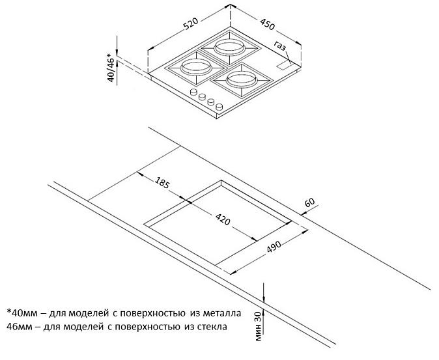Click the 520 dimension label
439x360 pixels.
[191, 23]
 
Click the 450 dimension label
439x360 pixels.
[268, 24]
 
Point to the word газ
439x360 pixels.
[280, 46]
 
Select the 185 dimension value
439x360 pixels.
[162, 182]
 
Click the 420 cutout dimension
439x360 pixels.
[223, 219]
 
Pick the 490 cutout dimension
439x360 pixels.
[274, 247]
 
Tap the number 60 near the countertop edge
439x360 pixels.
[309, 202]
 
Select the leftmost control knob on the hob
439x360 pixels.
[193, 92]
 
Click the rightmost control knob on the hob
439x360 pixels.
[219, 107]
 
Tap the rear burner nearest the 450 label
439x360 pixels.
[229, 48]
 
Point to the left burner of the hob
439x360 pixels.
[195, 68]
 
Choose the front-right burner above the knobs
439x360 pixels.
[242, 80]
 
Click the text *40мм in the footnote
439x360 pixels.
[22, 313]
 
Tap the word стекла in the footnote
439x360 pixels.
[212, 326]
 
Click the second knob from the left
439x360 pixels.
[202, 97]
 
